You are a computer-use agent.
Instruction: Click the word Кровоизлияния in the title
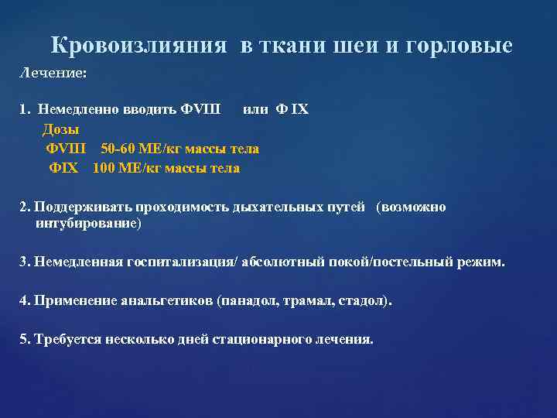pyautogui.click(x=139, y=46)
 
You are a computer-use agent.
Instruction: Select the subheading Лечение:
pyautogui.click(x=53, y=72)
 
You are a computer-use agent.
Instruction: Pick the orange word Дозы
pyautogui.click(x=61, y=129)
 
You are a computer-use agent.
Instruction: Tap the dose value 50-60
pyautogui.click(x=117, y=149)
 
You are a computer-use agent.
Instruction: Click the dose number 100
pyautogui.click(x=103, y=168)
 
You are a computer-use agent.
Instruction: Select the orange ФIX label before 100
pyautogui.click(x=63, y=168)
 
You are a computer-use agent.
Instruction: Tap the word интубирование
pyautogui.click(x=87, y=224)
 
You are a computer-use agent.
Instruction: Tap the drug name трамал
pyautogui.click(x=311, y=300)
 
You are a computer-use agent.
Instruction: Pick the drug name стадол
pyautogui.click(x=364, y=300)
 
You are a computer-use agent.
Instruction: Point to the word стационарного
pyautogui.click(x=260, y=339)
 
